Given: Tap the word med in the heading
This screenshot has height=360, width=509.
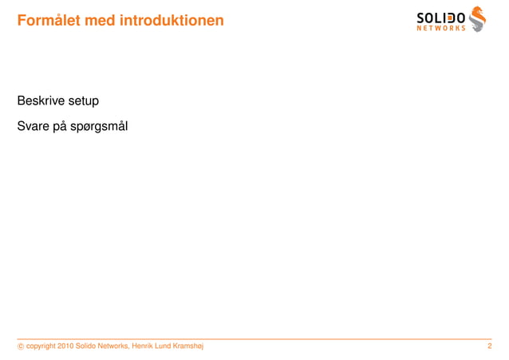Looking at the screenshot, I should tap(100, 18).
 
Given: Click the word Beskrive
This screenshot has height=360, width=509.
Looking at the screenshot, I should tap(44, 102).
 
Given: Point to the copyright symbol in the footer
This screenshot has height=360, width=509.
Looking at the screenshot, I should tap(20, 346).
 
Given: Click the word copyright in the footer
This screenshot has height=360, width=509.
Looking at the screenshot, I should tap(41, 346).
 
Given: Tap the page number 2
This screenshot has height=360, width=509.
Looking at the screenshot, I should tap(489, 346).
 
